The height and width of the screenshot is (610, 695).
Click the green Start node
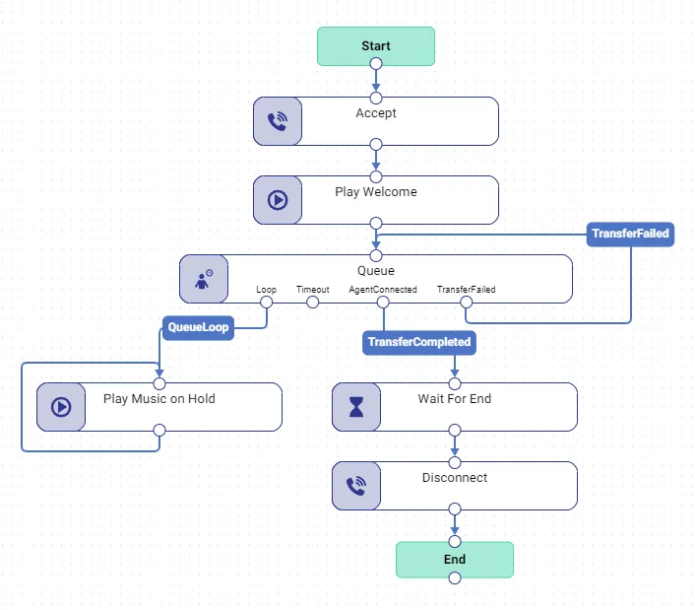coord(376,46)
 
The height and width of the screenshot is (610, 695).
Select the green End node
coord(455,560)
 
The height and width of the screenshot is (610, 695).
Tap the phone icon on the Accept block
coord(278,121)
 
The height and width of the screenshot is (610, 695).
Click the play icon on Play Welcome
coord(278,200)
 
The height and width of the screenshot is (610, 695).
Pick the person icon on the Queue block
coord(204,279)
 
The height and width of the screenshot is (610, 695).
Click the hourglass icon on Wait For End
coord(356,407)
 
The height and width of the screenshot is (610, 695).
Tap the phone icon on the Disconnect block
coord(356,486)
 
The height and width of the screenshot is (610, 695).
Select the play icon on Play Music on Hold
coord(61,407)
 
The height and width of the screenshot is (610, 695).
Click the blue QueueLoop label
coord(198,328)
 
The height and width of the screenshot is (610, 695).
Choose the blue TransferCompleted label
coord(419,343)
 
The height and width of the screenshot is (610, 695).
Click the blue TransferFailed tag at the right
coord(630,234)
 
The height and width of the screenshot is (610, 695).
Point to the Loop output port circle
coord(267,303)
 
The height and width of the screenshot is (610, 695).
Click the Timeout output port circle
coord(312,303)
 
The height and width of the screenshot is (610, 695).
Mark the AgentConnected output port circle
coord(383,303)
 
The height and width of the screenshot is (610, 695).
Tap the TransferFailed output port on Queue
coord(467,303)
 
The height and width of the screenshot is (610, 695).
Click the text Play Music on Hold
coord(159,399)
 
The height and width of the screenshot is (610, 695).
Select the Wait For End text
coord(455,399)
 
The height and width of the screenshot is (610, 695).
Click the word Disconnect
coord(455,478)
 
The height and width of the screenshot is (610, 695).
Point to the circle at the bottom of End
coord(455,578)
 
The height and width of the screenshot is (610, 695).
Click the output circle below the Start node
coord(376,64)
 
